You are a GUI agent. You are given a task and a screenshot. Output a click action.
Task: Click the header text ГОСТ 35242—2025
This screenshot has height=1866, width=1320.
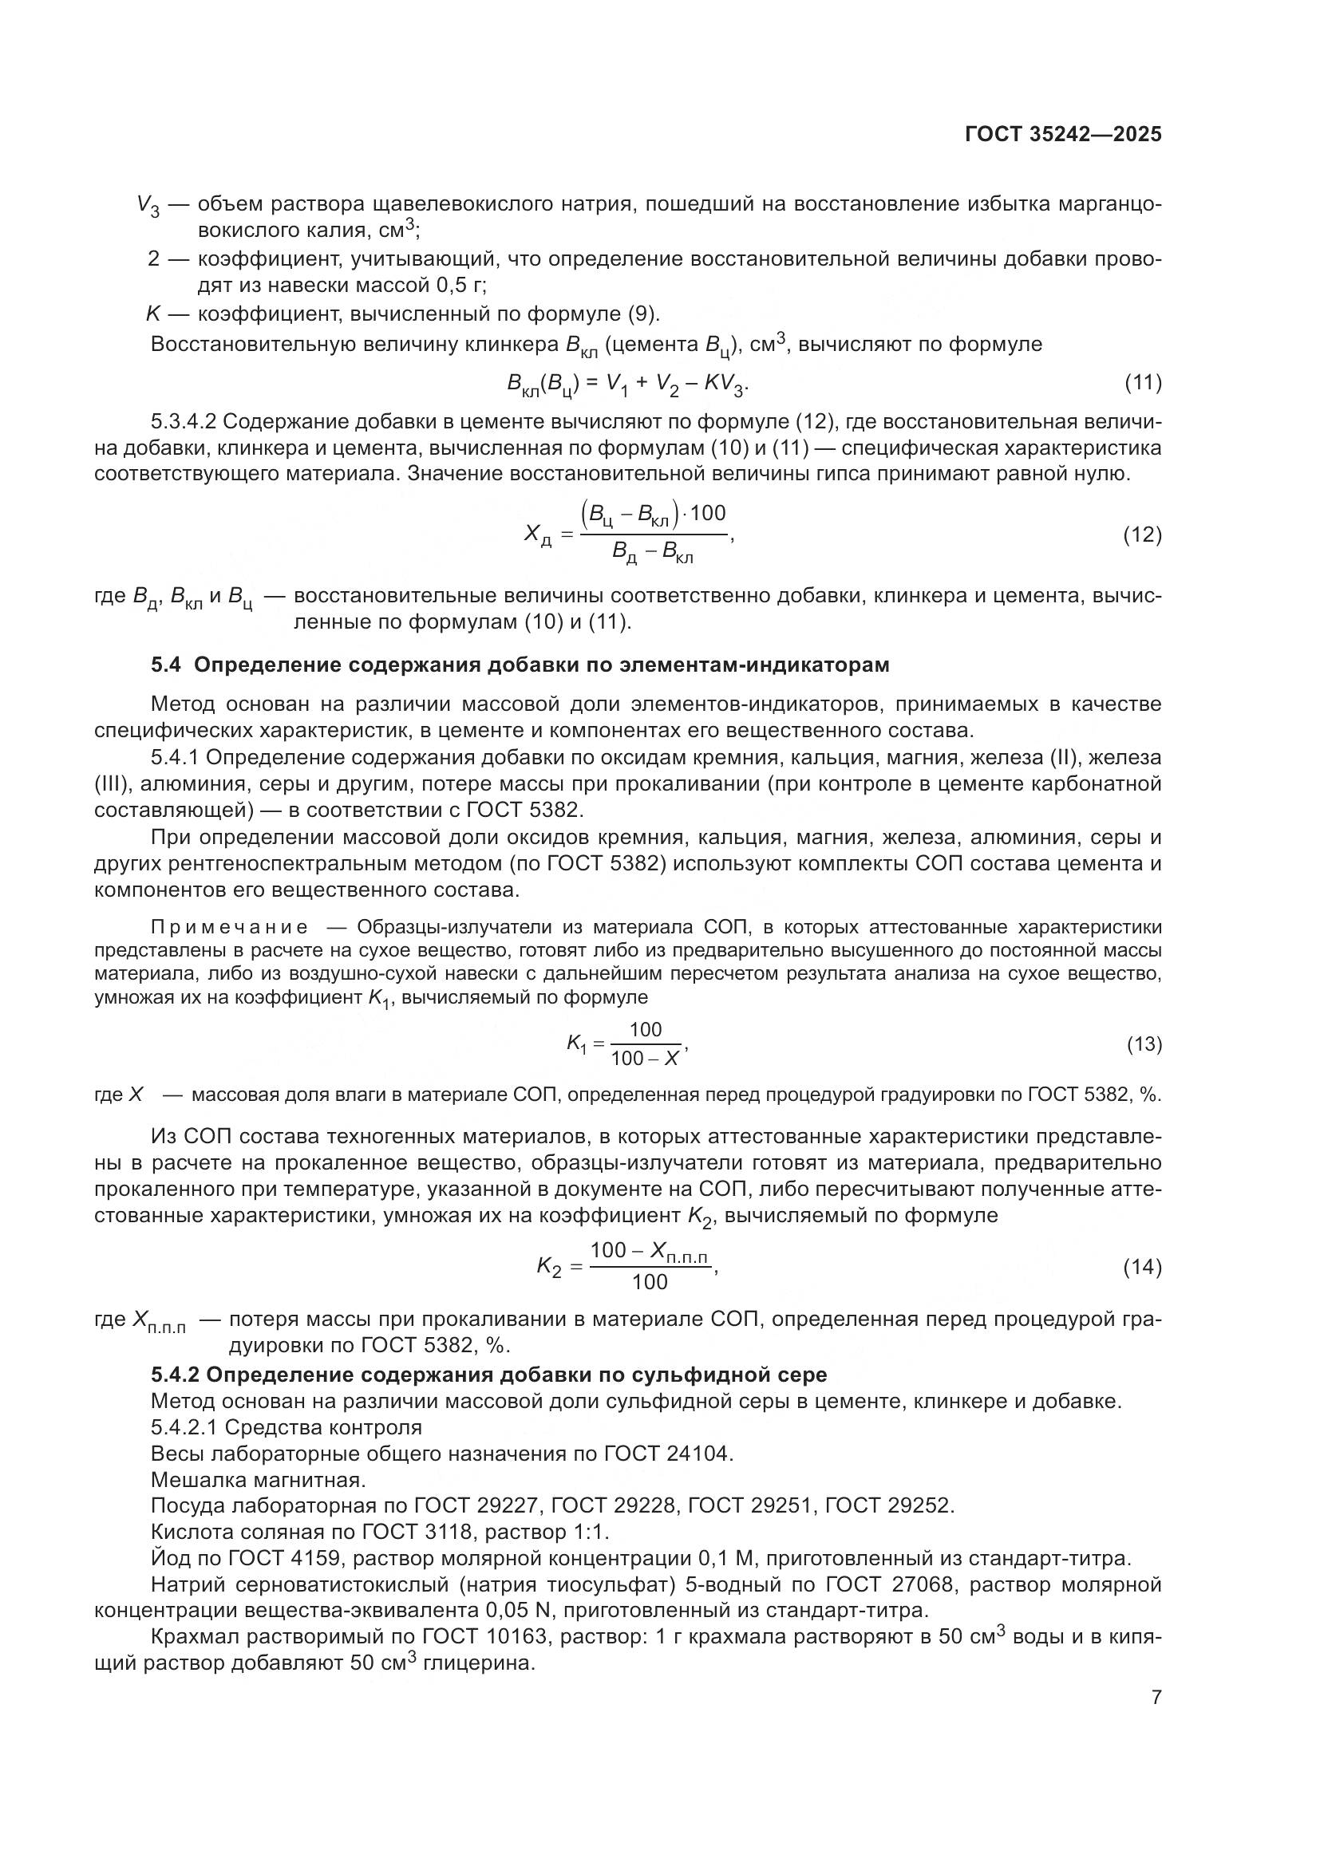tap(1063, 135)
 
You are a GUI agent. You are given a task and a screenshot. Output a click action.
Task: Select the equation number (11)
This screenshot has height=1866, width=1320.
tap(1142, 383)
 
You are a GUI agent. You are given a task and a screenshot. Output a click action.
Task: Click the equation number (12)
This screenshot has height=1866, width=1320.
tap(1142, 535)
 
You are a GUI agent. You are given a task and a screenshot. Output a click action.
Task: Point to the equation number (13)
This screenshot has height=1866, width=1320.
tap(1144, 1044)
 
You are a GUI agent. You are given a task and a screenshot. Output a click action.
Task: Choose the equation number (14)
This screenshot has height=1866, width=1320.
tap(1142, 1267)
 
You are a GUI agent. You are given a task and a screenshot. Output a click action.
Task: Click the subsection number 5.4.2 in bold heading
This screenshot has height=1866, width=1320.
tap(175, 1375)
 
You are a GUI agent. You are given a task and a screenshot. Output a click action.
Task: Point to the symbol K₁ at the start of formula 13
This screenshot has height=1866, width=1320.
tap(575, 1044)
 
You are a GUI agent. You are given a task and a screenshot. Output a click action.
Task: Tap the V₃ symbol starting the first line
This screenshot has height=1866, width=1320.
tap(148, 206)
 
